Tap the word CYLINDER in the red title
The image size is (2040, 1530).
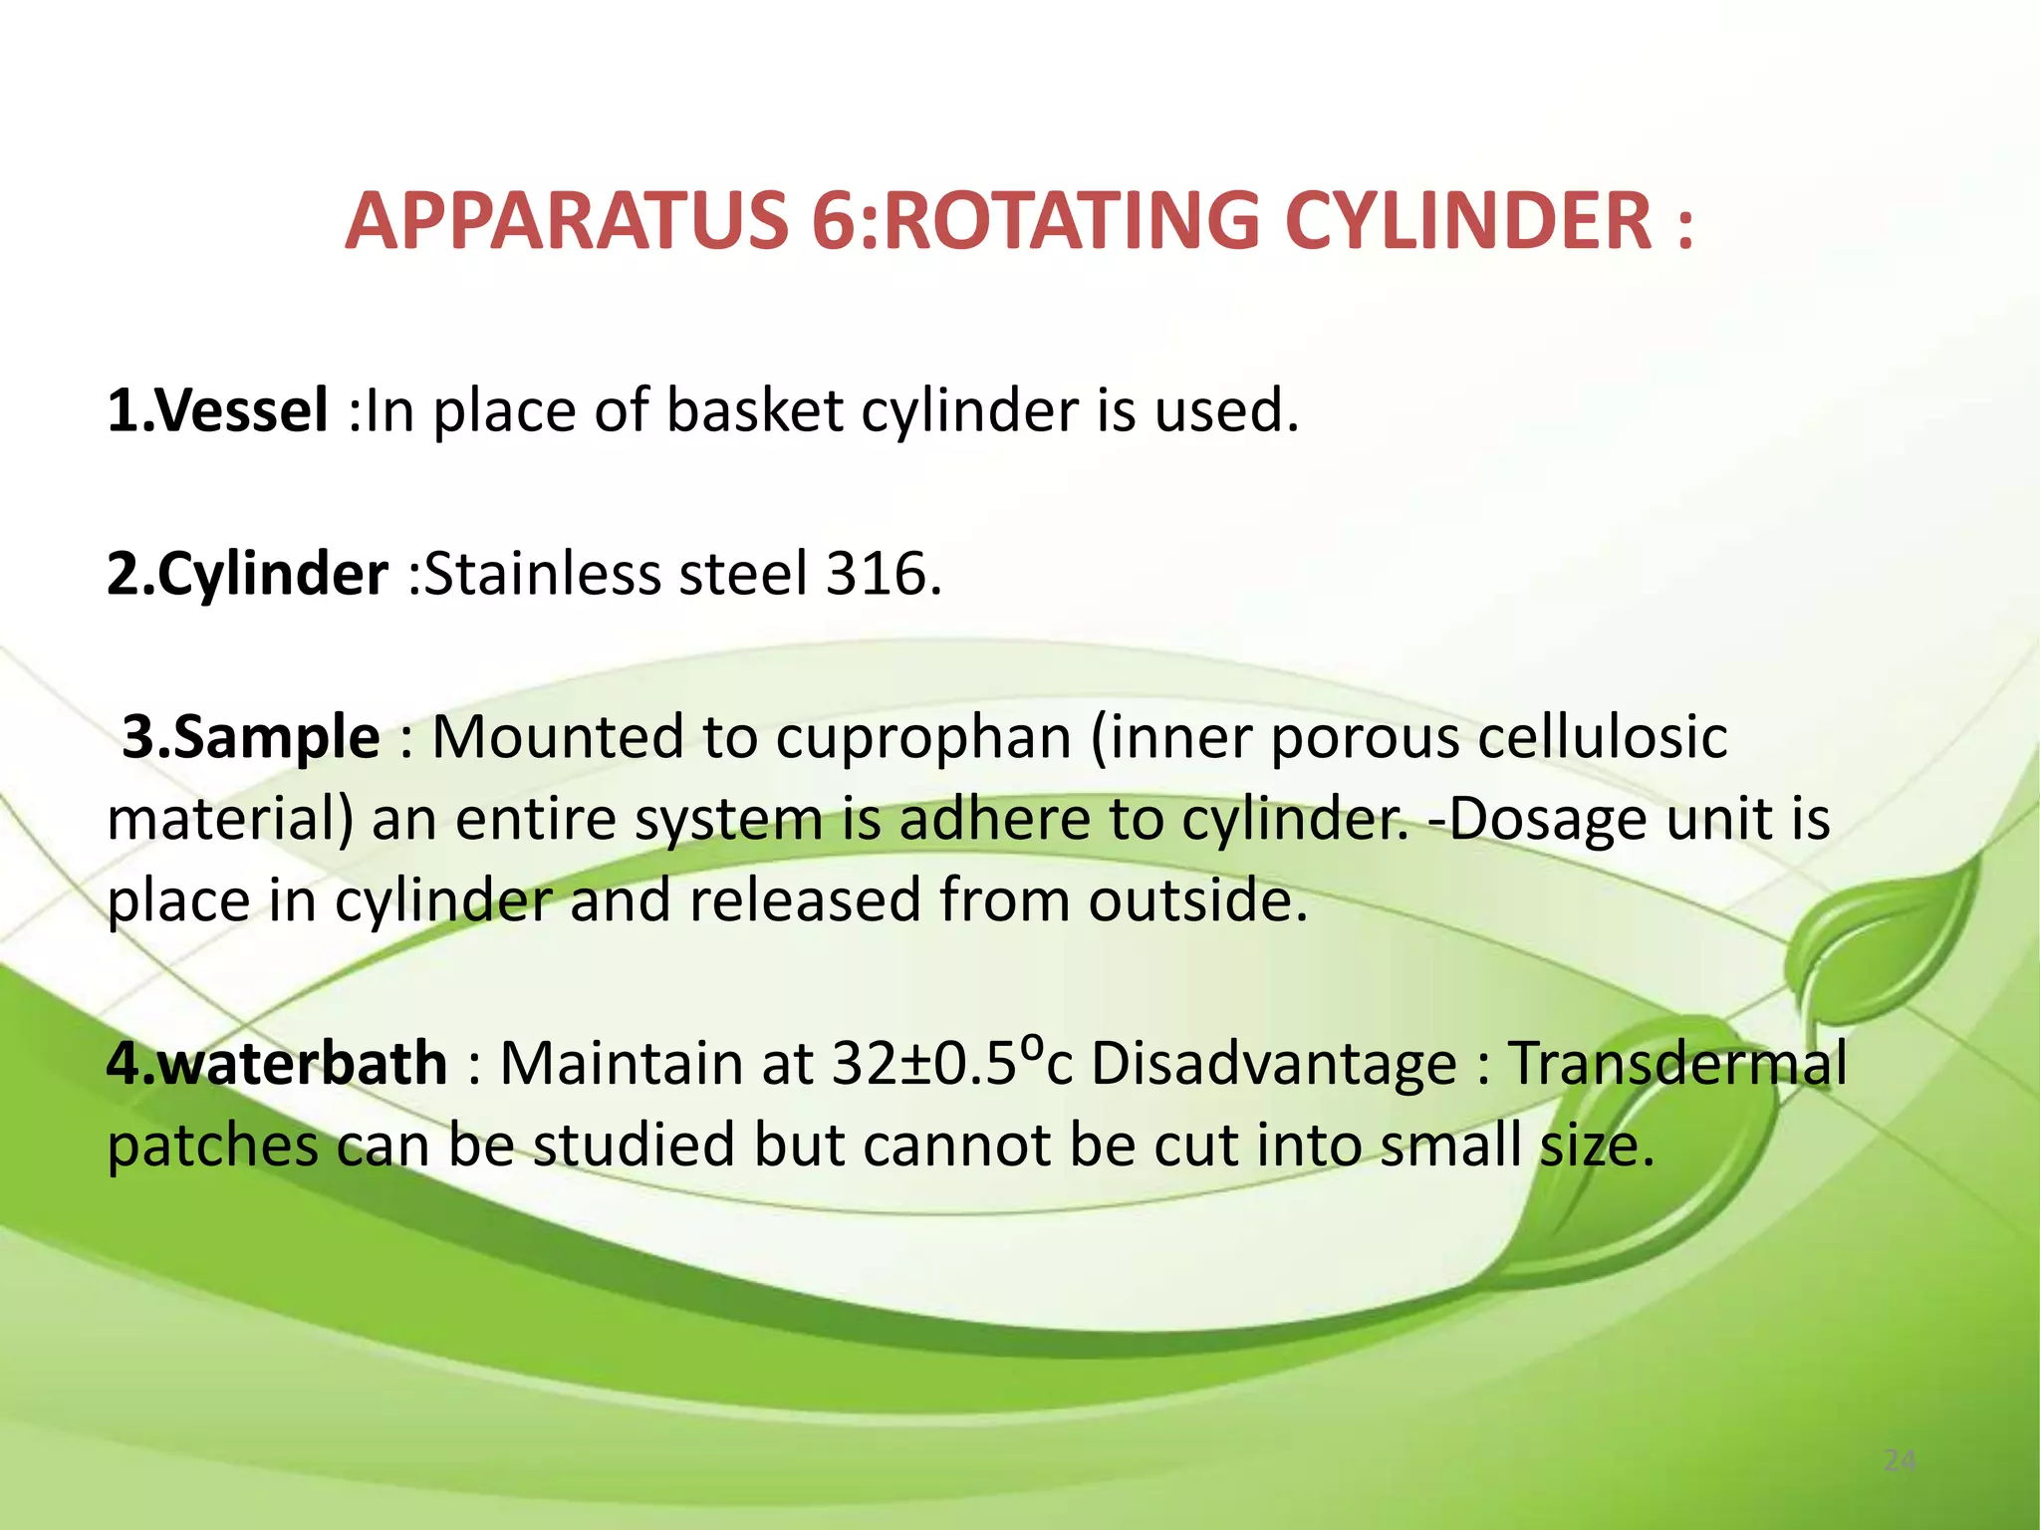click(1468, 221)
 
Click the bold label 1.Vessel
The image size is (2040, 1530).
click(217, 410)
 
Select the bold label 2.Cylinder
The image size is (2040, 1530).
click(247, 575)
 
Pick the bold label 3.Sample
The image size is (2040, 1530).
click(250, 737)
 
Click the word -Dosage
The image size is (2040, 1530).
click(1535, 819)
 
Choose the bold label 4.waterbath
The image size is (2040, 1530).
click(277, 1063)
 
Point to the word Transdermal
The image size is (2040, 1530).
click(1677, 1063)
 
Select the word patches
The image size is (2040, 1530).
click(212, 1146)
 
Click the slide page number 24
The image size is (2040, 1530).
click(1900, 1461)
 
